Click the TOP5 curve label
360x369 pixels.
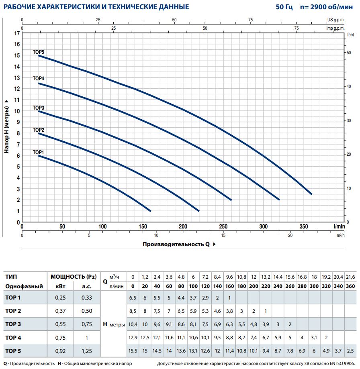coord(38,52)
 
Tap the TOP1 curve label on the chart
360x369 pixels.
coord(38,152)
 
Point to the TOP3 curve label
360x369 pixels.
coord(38,108)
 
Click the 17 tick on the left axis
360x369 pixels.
coord(17,33)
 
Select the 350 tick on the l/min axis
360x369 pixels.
coord(304,226)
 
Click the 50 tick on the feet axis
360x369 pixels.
coord(349,53)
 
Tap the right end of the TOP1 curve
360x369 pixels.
coord(150,211)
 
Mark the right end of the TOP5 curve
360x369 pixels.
coord(311,194)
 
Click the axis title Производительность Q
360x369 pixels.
coord(176,244)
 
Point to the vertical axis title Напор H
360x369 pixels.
coord(6,126)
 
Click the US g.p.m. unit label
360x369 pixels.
coord(336,19)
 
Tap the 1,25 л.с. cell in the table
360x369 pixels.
coord(87,351)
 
